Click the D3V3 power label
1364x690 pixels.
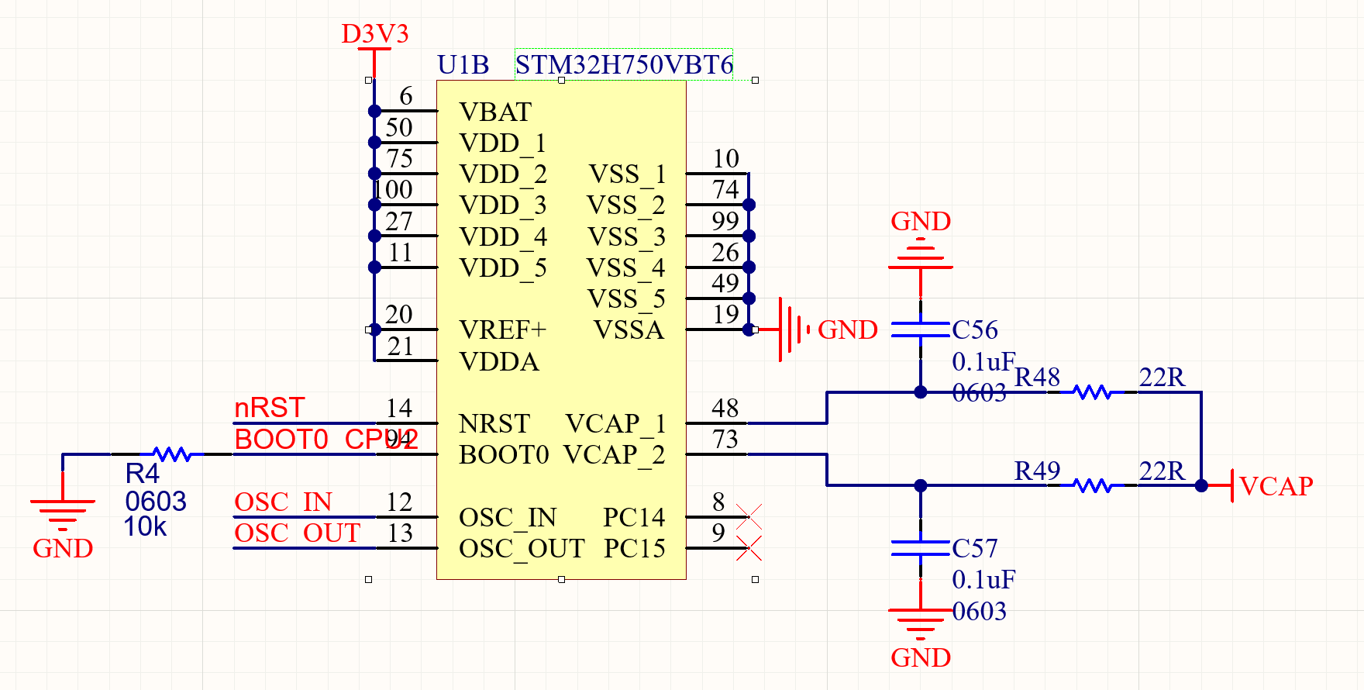click(374, 34)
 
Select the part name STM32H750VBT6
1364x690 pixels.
click(624, 65)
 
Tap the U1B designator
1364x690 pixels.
click(463, 65)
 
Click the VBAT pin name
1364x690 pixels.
click(495, 112)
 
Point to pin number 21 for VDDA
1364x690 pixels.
click(400, 347)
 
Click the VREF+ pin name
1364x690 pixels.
click(502, 330)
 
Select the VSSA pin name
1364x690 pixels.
click(629, 330)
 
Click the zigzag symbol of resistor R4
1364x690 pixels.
click(172, 454)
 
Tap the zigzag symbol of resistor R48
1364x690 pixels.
click(1093, 392)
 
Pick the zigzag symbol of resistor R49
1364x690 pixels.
click(1093, 486)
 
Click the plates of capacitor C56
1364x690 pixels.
click(920, 330)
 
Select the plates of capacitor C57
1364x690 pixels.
click(920, 548)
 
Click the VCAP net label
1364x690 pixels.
click(1276, 486)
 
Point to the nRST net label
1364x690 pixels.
click(269, 408)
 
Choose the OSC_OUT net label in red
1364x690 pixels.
click(297, 533)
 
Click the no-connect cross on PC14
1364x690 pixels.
click(749, 516)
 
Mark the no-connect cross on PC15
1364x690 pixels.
click(749, 548)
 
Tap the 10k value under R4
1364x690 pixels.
click(145, 527)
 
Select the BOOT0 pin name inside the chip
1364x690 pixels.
click(504, 455)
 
